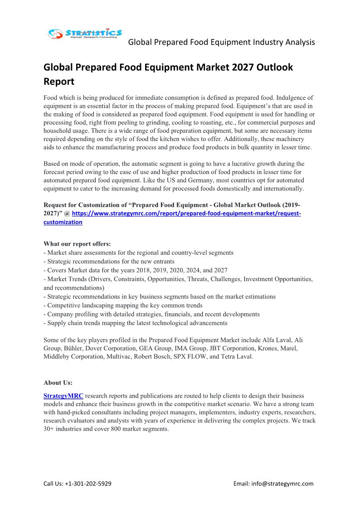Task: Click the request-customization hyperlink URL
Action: pyautogui.click(x=186, y=213)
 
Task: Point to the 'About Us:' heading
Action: pyautogui.click(x=58, y=382)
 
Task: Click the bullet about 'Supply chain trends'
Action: pyautogui.click(x=135, y=323)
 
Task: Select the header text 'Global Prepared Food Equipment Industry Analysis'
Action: pyautogui.click(x=221, y=42)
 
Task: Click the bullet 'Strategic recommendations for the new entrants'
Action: pyautogui.click(x=109, y=262)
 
